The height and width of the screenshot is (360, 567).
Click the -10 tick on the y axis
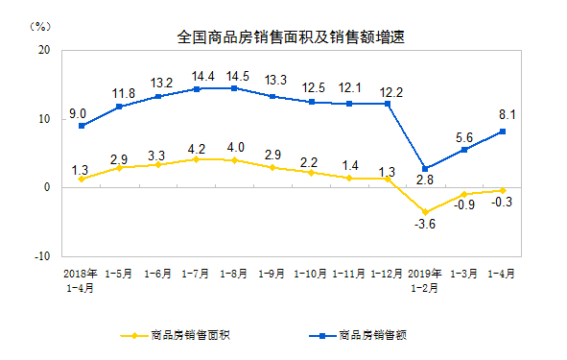coord(41,256)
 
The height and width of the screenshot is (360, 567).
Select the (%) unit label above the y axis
coord(40,23)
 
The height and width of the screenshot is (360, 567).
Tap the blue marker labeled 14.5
coord(234,88)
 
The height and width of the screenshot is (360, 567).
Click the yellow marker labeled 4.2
coord(196,159)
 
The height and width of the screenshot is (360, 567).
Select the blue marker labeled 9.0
coord(83,126)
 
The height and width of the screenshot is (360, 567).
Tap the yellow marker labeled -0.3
coord(504,190)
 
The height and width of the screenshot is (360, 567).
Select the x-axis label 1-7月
coord(196,273)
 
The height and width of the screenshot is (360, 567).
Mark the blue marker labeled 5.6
coord(465,150)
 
